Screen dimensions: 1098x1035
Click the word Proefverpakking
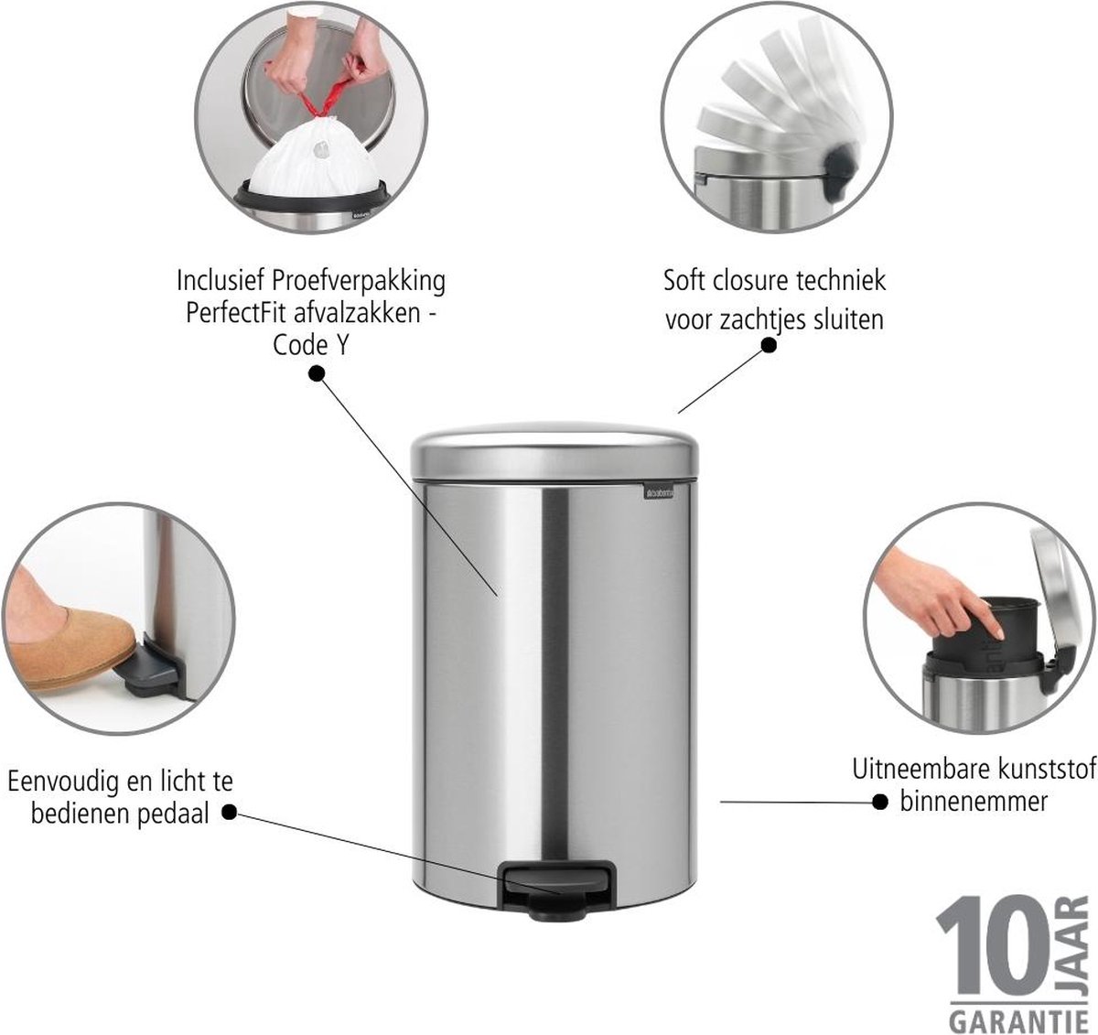[359, 281]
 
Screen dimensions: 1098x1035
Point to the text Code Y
[311, 346]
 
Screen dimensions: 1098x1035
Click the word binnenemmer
[974, 801]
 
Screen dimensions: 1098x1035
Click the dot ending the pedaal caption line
[230, 813]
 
